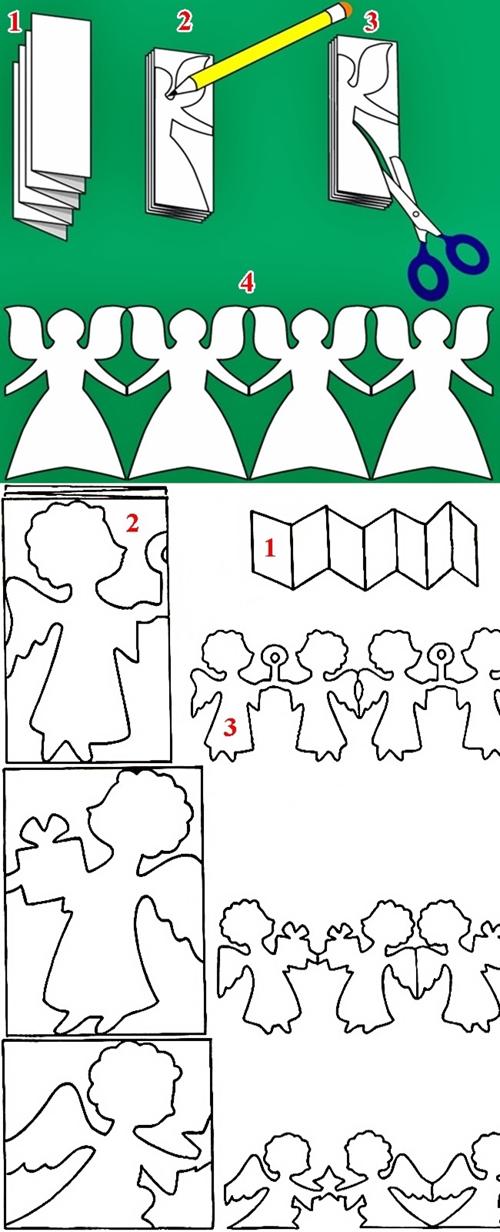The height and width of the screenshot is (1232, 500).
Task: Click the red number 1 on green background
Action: coord(15,22)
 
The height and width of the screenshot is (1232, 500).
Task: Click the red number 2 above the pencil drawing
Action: coord(184,22)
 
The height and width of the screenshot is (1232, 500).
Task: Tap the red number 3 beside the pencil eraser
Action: coord(371,22)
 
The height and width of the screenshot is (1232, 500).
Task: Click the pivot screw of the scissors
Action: coord(415,215)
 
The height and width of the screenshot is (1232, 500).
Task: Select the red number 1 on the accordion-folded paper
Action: coord(269,548)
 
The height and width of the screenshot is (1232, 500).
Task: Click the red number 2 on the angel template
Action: coord(132,524)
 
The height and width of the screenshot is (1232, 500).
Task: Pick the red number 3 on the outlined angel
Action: coord(230,728)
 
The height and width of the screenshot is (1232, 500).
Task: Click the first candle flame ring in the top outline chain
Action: coord(273,655)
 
